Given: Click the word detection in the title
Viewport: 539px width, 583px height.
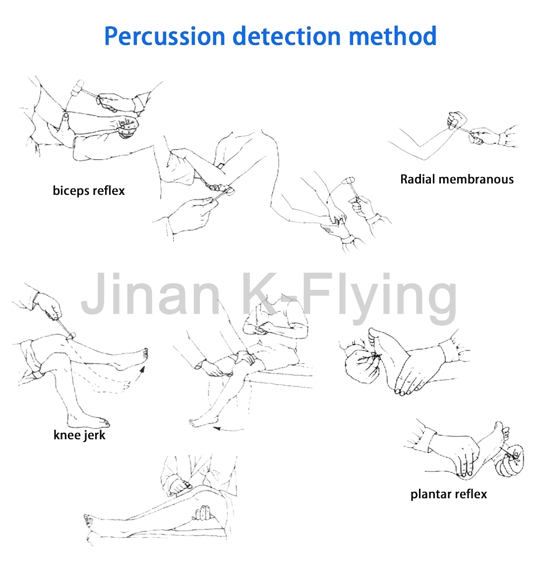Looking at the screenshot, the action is click(x=287, y=36).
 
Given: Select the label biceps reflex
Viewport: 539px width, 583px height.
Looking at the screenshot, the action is click(x=89, y=191).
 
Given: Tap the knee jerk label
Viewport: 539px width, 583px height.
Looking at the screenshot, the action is click(x=79, y=435).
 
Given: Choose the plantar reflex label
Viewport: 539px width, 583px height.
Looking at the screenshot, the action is click(x=449, y=494).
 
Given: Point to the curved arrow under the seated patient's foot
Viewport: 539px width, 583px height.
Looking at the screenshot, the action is click(x=228, y=428).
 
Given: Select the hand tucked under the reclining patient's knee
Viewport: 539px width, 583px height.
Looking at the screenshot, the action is click(x=203, y=514).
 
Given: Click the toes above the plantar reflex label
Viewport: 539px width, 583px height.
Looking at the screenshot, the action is click(x=504, y=431).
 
